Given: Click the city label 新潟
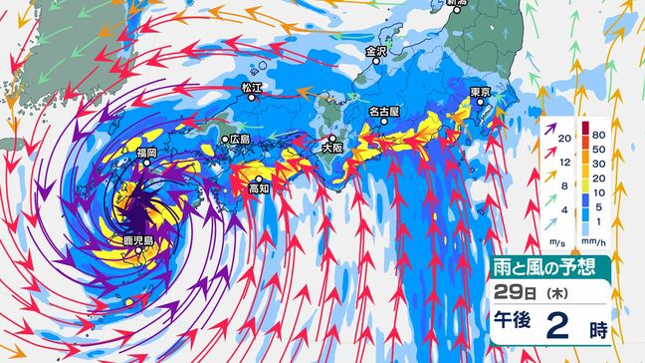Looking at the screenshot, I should (456, 5).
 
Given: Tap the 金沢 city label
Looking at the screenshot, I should (376, 51).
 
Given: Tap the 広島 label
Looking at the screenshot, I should (240, 141).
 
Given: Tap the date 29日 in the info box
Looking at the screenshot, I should (514, 292).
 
